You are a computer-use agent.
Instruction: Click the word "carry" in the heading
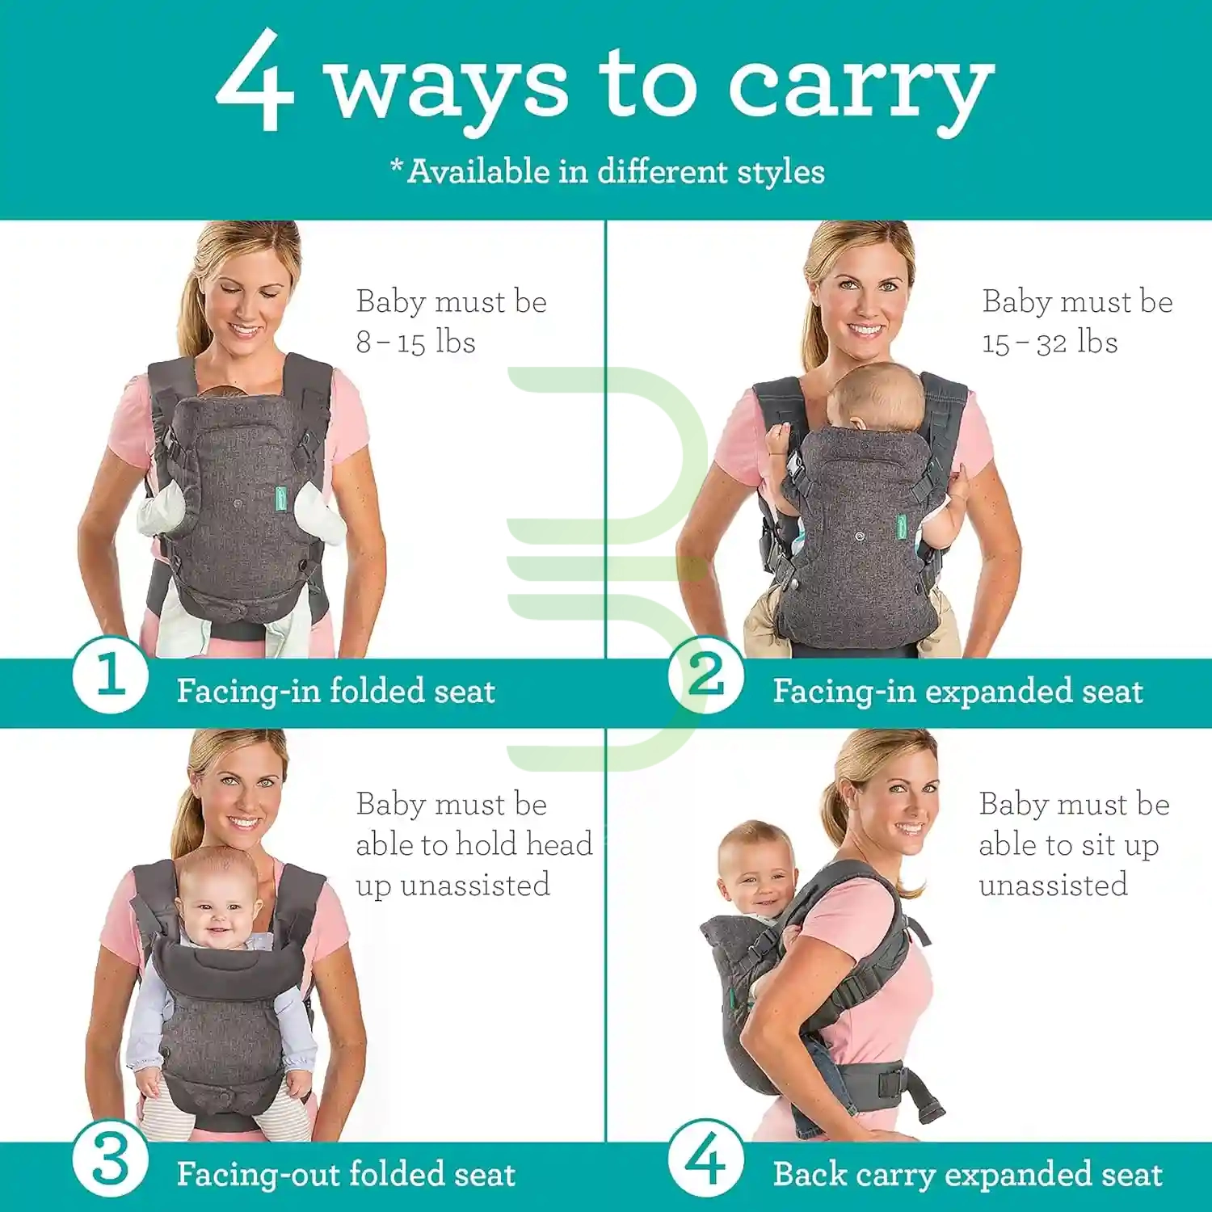(x=861, y=90)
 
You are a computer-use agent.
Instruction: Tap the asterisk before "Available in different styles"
(x=397, y=166)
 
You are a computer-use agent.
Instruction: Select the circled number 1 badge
(x=111, y=674)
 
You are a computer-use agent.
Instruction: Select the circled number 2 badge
(x=706, y=674)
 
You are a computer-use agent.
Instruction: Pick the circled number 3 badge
(x=111, y=1159)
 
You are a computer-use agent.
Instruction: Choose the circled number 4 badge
(x=706, y=1159)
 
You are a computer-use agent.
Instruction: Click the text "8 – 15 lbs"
(x=415, y=342)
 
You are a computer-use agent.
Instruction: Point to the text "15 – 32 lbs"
(x=1050, y=342)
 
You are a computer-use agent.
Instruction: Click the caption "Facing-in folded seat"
(x=336, y=691)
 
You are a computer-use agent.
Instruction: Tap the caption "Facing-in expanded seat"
(x=958, y=691)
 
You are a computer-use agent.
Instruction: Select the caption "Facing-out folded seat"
(x=346, y=1174)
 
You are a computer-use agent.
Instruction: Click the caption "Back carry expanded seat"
(x=968, y=1174)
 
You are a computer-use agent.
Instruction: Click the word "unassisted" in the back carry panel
(x=1053, y=885)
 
